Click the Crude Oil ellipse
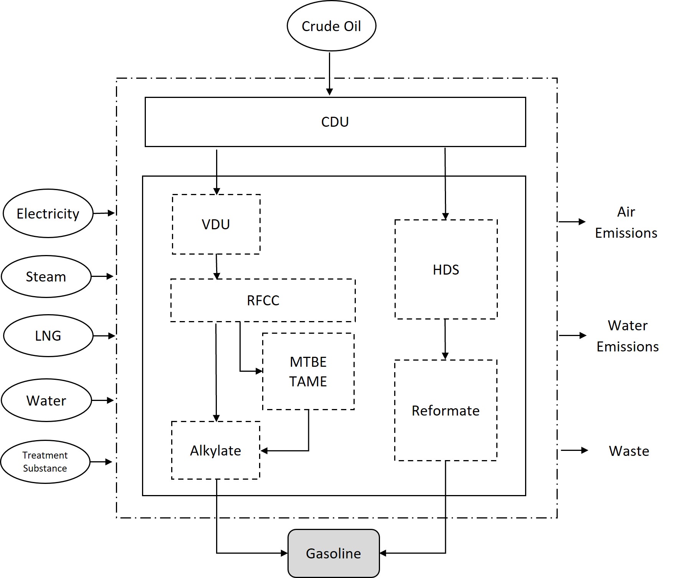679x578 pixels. [331, 26]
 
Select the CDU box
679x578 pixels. [335, 122]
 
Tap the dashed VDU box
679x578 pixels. [216, 224]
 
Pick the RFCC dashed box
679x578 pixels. [263, 300]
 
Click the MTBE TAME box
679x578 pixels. [308, 371]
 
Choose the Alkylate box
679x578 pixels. [216, 450]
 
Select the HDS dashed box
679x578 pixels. [446, 270]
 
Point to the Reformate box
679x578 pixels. [446, 411]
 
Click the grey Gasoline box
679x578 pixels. [334, 553]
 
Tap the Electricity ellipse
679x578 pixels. [48, 214]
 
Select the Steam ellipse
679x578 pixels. [46, 277]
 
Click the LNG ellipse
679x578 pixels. [48, 336]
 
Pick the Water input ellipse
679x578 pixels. [46, 401]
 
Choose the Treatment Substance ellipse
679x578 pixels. [45, 462]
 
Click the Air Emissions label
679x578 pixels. [626, 222]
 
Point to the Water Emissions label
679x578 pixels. [628, 336]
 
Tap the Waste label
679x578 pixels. [629, 451]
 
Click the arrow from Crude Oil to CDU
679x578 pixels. [329, 73]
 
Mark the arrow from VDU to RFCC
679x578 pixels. [216, 267]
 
